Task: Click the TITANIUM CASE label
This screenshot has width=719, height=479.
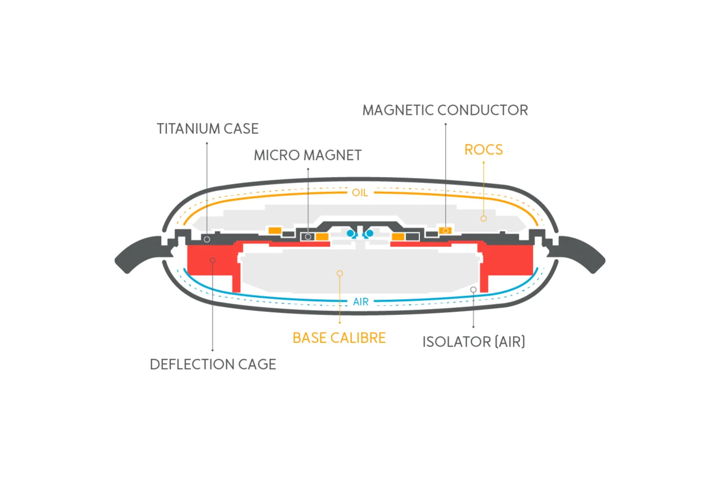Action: [x=208, y=129]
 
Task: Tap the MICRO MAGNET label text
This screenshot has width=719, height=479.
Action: [x=308, y=155]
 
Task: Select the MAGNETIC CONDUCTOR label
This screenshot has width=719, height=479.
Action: [x=445, y=110]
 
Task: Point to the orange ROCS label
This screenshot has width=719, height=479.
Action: [x=483, y=150]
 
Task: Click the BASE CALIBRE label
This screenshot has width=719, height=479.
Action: [x=339, y=338]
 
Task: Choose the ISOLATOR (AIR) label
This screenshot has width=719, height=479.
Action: [x=474, y=342]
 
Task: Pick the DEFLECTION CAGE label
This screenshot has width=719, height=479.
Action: [x=213, y=365]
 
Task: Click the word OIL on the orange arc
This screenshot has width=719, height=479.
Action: [x=360, y=193]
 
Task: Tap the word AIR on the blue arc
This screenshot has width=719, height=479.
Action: [x=361, y=302]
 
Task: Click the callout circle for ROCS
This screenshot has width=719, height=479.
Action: [x=484, y=218]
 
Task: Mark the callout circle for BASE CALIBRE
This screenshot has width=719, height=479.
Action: [x=340, y=274]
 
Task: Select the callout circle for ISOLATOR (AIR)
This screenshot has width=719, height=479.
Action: [x=473, y=290]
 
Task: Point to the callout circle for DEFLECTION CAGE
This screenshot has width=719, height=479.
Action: [x=212, y=260]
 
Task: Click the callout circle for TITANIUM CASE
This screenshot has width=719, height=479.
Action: [x=207, y=239]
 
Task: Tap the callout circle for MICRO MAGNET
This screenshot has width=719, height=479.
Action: [x=308, y=237]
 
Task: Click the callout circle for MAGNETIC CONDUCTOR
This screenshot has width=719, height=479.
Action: [x=445, y=230]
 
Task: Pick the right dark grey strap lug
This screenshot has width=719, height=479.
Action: [x=581, y=253]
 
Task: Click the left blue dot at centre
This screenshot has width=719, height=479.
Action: [x=351, y=233]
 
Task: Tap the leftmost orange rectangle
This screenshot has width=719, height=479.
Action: [x=275, y=231]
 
